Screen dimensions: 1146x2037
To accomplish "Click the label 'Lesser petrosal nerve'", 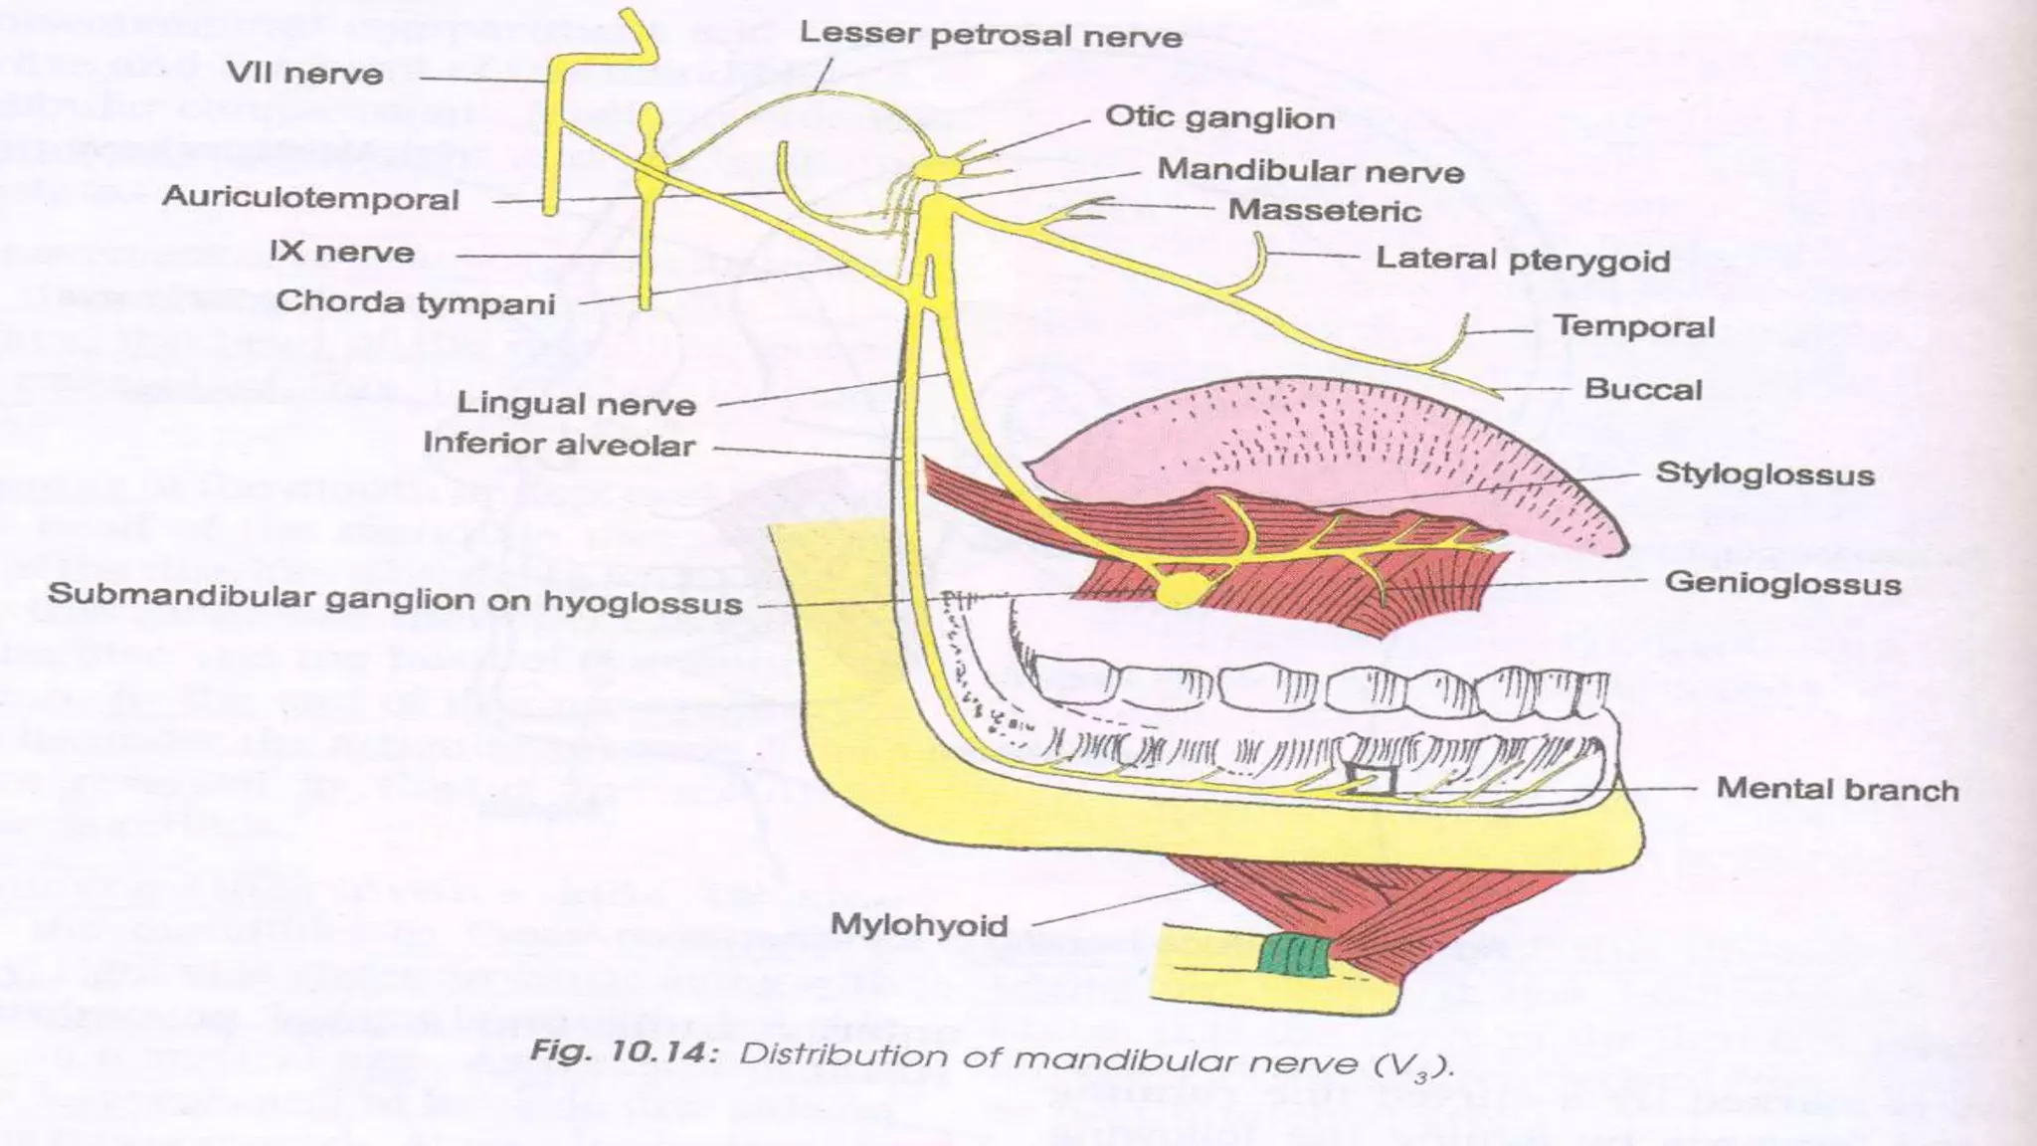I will click(991, 36).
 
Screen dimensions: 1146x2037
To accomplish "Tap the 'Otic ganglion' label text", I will click(1219, 117).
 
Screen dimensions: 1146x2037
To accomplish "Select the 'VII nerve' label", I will click(304, 74).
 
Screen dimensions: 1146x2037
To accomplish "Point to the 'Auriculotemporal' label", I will click(310, 198).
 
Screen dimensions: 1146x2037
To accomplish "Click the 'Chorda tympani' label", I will click(415, 301).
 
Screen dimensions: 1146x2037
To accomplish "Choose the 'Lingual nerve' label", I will click(576, 404).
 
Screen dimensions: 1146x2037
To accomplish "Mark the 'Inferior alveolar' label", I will click(559, 444).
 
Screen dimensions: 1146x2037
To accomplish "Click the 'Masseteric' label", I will click(1324, 211).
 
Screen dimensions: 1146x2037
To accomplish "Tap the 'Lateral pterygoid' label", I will click(1522, 260).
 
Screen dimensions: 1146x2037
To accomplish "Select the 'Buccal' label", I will click(1643, 389).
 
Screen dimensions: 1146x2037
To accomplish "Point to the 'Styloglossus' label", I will click(1764, 475).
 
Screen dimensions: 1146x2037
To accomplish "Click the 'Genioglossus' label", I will click(1782, 583).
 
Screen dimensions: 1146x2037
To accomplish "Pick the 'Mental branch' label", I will click(1837, 790).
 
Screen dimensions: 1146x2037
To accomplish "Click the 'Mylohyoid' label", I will click(919, 925).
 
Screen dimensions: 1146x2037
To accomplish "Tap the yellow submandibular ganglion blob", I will click(1181, 589).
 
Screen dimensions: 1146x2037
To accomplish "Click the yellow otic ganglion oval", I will click(935, 169).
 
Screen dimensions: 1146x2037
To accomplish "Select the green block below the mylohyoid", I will click(1296, 956).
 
